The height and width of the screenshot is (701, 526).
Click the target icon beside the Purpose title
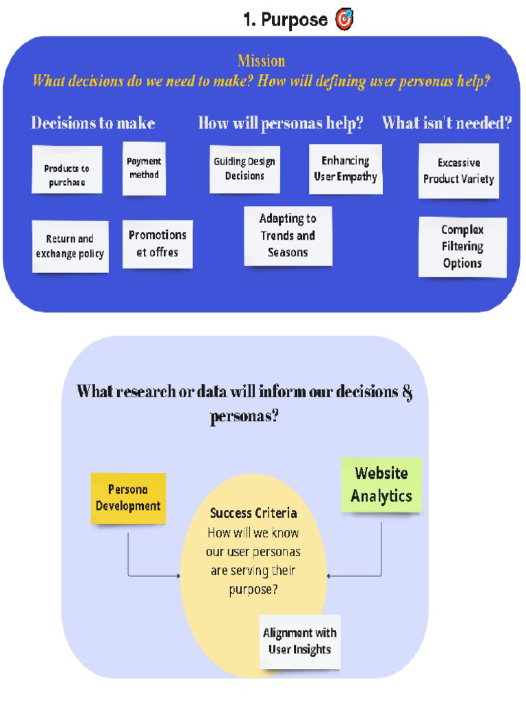[345, 19]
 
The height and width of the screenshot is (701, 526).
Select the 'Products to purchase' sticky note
[67, 170]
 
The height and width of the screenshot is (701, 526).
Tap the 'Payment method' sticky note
[144, 168]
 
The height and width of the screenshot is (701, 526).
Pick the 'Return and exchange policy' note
[71, 246]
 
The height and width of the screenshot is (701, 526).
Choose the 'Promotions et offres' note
[158, 244]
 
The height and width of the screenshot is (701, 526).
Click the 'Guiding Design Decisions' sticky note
[245, 170]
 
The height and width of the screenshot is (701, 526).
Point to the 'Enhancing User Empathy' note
[346, 169]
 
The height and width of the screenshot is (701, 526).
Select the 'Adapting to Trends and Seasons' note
[288, 236]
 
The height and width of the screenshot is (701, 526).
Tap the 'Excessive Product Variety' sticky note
[459, 170]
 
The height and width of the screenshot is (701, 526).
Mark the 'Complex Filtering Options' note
[462, 247]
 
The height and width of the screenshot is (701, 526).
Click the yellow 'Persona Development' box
[128, 498]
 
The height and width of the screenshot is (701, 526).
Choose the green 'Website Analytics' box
[381, 485]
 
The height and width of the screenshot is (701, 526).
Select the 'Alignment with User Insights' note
[300, 641]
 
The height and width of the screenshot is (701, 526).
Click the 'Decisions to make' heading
[93, 123]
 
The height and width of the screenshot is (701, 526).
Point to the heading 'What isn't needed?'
[447, 123]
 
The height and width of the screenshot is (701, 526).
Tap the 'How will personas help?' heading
[281, 123]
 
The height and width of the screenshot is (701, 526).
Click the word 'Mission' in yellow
[261, 60]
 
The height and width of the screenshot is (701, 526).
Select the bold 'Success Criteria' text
[253, 513]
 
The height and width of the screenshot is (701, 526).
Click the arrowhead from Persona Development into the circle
[178, 576]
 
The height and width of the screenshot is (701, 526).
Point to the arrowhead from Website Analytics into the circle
[329, 576]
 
